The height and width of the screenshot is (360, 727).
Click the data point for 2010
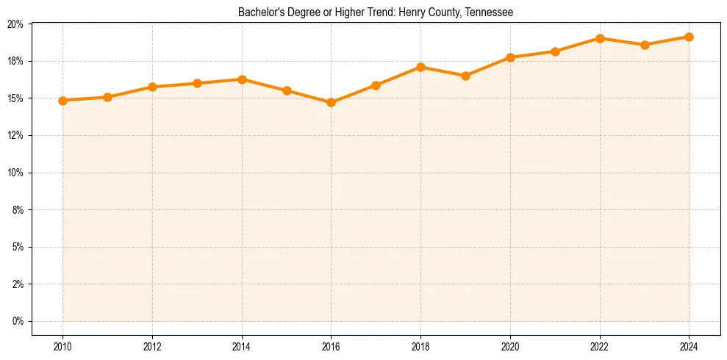(62, 101)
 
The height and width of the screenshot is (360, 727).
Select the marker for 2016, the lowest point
(331, 103)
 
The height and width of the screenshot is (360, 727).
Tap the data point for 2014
(242, 79)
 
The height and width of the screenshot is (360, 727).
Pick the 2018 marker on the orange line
(420, 68)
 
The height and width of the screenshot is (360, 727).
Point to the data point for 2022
(600, 38)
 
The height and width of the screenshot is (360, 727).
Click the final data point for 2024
(689, 37)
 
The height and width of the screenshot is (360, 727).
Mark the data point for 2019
(465, 76)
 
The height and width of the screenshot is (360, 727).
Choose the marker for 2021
(555, 51)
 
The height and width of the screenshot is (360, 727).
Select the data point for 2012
(152, 87)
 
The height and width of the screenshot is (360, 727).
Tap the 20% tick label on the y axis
(15, 24)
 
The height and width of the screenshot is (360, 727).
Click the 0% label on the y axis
(18, 321)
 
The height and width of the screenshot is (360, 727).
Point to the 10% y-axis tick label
(15, 173)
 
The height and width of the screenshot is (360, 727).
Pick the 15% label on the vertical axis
(15, 98)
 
